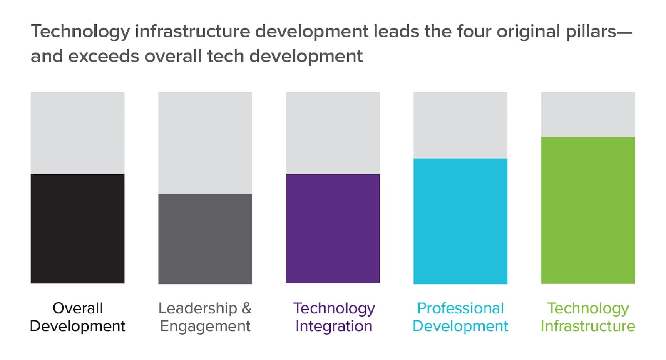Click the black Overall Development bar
point(77,229)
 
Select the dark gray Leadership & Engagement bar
point(205,239)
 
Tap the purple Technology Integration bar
point(333,229)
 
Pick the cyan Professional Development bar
point(460,221)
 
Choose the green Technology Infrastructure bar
point(588,210)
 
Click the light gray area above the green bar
point(588,114)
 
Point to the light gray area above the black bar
point(77,133)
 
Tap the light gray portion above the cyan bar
point(460,125)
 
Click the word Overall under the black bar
point(77,308)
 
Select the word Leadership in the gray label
point(198,308)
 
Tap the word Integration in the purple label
point(333,326)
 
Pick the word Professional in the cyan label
point(460,308)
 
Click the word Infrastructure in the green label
point(588,326)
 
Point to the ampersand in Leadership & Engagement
point(246,308)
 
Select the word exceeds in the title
point(104,56)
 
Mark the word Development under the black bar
point(77,326)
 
